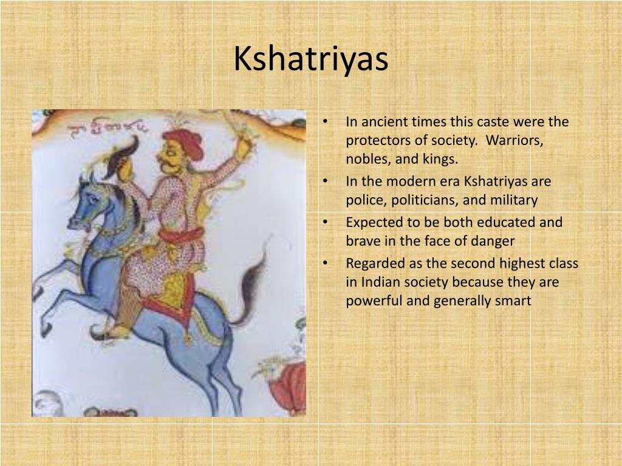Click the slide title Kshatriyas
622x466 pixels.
pos(310,59)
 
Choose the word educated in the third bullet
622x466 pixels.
pos(494,222)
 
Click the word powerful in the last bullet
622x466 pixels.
pos(372,300)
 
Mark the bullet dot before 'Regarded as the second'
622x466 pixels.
pos(327,263)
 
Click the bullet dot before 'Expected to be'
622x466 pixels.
pos(327,222)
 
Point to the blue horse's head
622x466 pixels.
pos(91,200)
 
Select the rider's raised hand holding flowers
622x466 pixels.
pos(245,144)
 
